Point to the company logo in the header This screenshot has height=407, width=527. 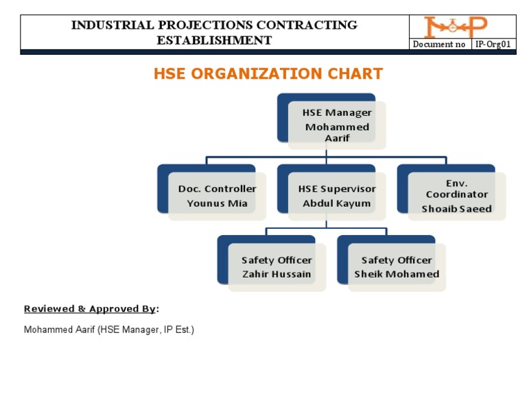pos(455,27)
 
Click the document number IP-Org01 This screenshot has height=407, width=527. pos(493,45)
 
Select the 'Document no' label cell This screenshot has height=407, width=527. pos(439,45)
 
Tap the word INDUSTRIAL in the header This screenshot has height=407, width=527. pos(112,25)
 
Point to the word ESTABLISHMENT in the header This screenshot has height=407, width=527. pos(214,40)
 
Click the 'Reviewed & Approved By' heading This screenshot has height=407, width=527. pos(90,309)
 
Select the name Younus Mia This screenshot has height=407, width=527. pos(217,203)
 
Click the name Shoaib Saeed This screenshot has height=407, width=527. pos(456,209)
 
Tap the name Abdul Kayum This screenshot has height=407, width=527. pos(336,203)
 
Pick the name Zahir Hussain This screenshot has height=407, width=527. pos(277,274)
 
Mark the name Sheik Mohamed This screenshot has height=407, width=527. pos(397,274)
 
